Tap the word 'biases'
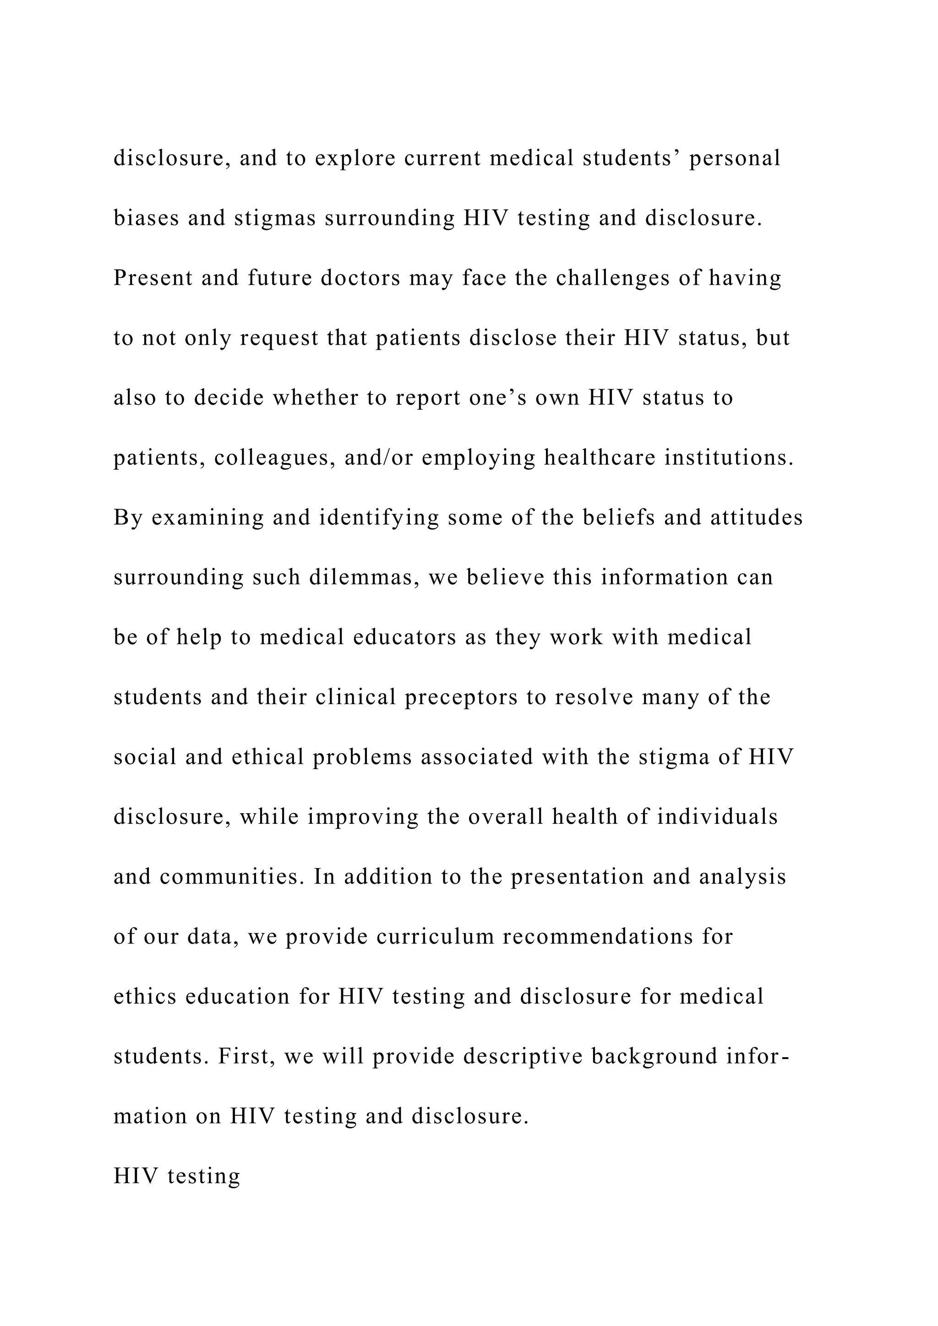[146, 218]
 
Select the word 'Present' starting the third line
[153, 278]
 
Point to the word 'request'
[279, 338]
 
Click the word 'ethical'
[267, 757]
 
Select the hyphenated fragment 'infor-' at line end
[758, 1056]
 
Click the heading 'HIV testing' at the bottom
[177, 1176]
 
